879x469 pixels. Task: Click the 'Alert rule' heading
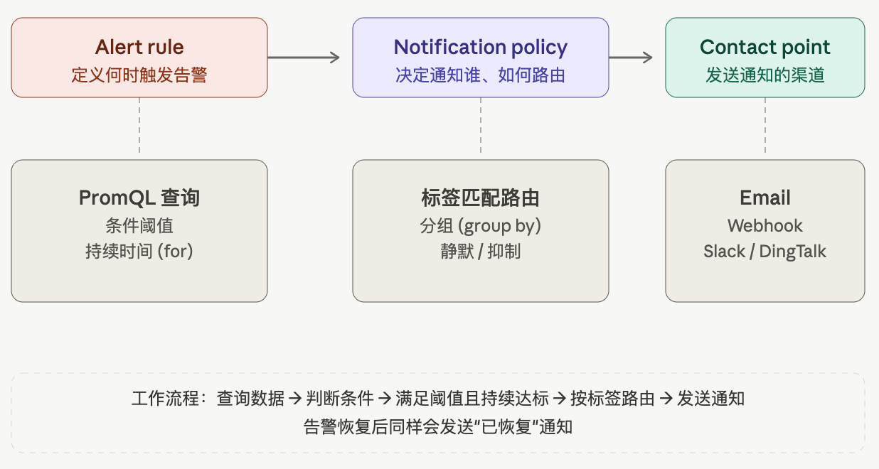coord(139,47)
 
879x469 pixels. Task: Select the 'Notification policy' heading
coord(480,48)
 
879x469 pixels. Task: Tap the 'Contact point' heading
coord(765,48)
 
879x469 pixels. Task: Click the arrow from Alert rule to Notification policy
coord(304,58)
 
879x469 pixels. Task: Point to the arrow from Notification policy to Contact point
coord(631,58)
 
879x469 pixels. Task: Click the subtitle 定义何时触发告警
coord(139,75)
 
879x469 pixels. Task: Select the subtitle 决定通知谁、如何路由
coord(480,75)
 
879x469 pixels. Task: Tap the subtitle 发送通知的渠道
coord(765,75)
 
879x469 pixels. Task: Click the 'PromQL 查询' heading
coord(139,198)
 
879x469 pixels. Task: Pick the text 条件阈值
coord(139,226)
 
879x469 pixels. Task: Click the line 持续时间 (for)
coord(139,252)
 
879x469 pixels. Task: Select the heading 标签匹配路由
coord(480,198)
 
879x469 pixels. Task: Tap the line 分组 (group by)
coord(480,226)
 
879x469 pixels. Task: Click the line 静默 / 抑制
coord(480,252)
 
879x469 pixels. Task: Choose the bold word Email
coord(765,198)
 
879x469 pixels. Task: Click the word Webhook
coord(765,226)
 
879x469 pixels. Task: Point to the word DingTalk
coord(793,252)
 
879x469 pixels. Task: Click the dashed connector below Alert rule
coord(139,125)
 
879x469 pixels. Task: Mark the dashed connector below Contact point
coord(765,125)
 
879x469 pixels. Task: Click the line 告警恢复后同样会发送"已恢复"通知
coord(438,426)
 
